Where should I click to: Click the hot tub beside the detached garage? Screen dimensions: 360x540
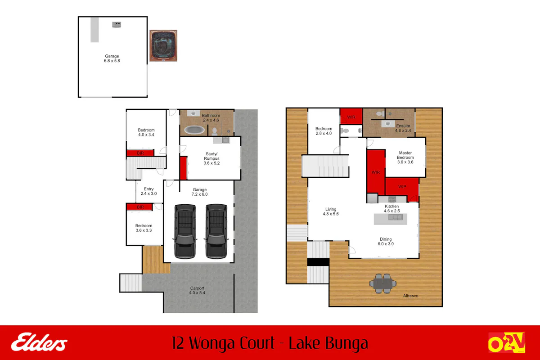(x=163, y=45)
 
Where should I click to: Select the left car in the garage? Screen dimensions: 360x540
(x=184, y=231)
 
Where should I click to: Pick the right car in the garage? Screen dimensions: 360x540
(x=216, y=231)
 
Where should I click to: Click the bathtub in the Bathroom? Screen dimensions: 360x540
(x=194, y=130)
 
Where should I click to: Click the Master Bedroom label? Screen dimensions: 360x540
(x=405, y=155)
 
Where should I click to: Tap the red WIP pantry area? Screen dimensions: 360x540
(x=402, y=187)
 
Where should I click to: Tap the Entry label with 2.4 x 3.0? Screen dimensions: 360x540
(x=148, y=191)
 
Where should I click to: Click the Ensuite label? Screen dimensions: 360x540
(x=403, y=128)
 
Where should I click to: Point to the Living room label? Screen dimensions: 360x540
(x=331, y=211)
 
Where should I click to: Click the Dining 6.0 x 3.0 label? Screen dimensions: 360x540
(x=386, y=242)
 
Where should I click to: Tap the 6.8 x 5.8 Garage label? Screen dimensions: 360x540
(x=112, y=58)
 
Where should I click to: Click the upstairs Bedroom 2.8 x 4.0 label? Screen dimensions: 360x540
(x=323, y=131)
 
